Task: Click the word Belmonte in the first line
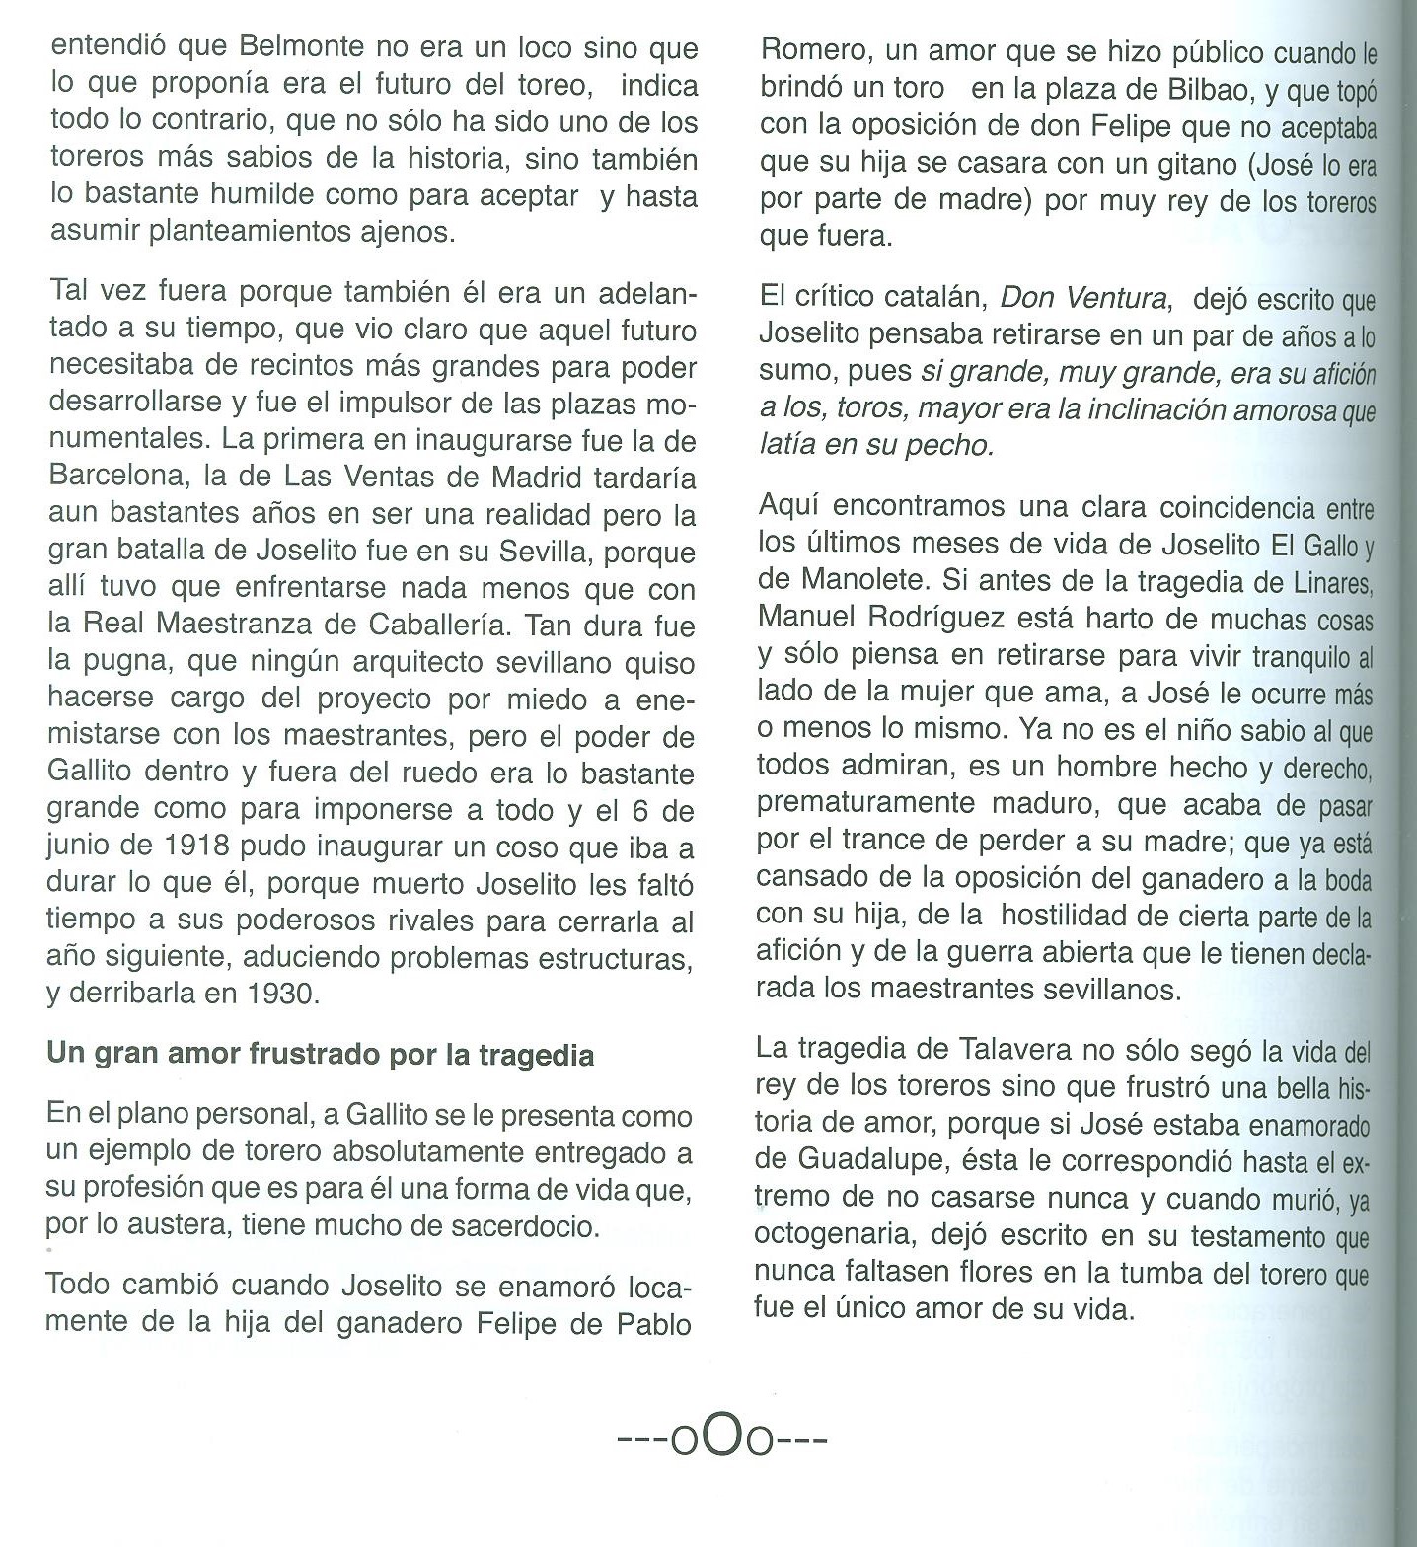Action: pos(301,47)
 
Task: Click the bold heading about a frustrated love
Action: pos(320,1055)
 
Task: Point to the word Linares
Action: pos(1333,582)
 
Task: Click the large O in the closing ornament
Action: pos(722,1439)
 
